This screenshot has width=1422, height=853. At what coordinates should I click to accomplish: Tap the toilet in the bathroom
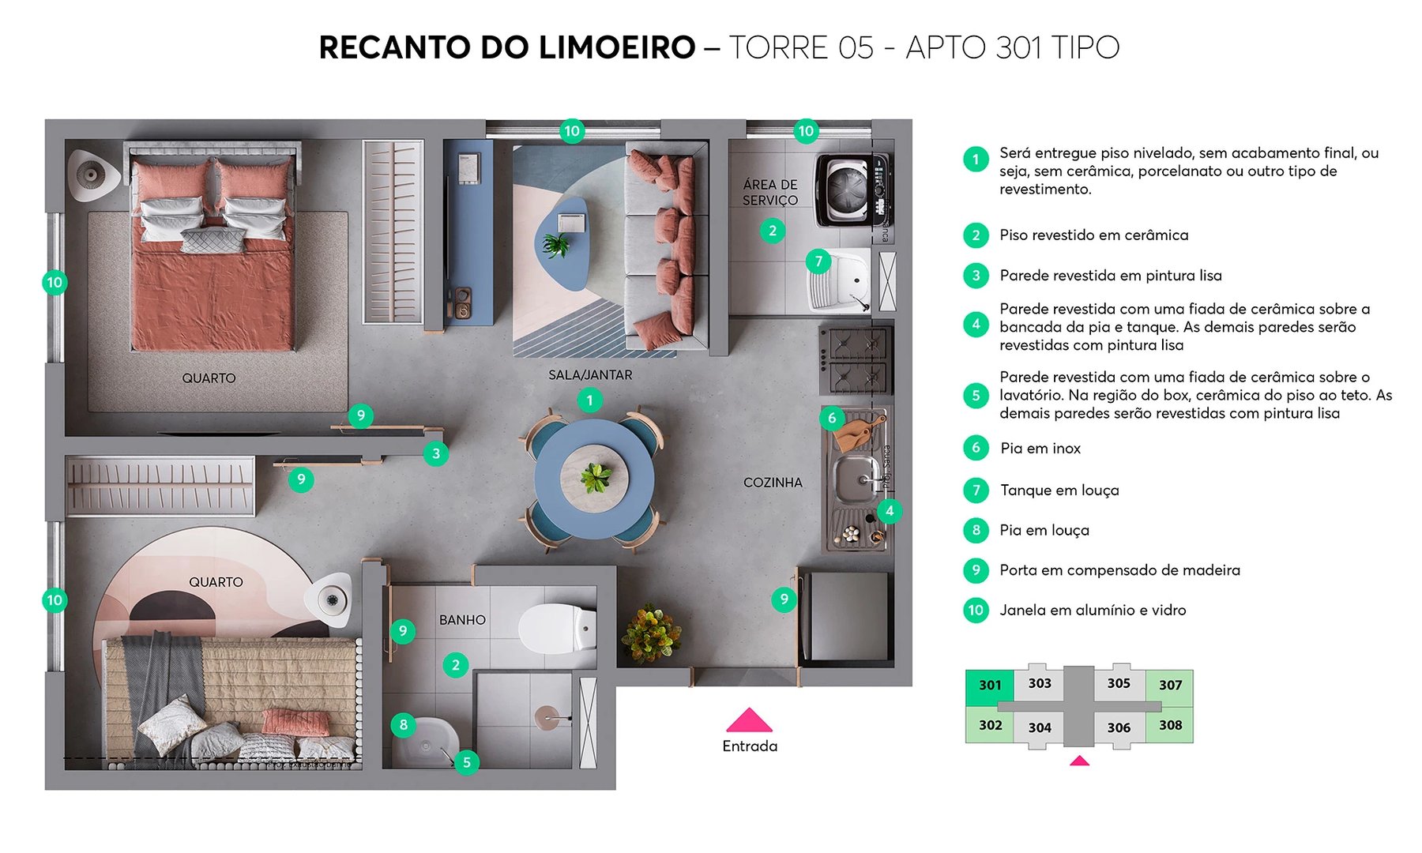[557, 629]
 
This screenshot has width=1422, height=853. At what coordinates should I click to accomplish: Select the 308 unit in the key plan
[1170, 725]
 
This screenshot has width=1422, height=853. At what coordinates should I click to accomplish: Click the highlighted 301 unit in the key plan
[990, 686]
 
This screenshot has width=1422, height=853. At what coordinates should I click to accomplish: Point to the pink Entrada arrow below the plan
[749, 720]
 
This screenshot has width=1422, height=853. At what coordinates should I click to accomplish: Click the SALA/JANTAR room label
[590, 375]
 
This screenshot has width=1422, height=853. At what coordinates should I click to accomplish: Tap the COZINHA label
[773, 483]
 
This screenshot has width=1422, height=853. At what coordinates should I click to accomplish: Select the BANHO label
[462, 620]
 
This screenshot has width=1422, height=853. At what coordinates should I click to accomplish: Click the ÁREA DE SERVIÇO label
[770, 192]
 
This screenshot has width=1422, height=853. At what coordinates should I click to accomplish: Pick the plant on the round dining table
[595, 477]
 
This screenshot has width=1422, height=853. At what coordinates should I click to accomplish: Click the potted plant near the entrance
[651, 633]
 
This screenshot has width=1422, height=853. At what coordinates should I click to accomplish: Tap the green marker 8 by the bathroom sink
[404, 724]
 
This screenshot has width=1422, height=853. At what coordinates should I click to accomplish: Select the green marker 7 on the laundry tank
[818, 261]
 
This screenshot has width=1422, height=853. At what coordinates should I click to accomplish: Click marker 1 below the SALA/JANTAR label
[589, 400]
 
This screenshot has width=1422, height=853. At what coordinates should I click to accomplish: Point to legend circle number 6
[976, 448]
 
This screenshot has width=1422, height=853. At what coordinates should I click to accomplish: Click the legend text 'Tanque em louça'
[1059, 490]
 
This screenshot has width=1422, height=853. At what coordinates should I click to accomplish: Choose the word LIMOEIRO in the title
[617, 47]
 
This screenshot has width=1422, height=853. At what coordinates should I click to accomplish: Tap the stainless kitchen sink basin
[857, 478]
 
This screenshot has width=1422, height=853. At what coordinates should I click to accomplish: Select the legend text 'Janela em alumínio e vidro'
[1093, 610]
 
